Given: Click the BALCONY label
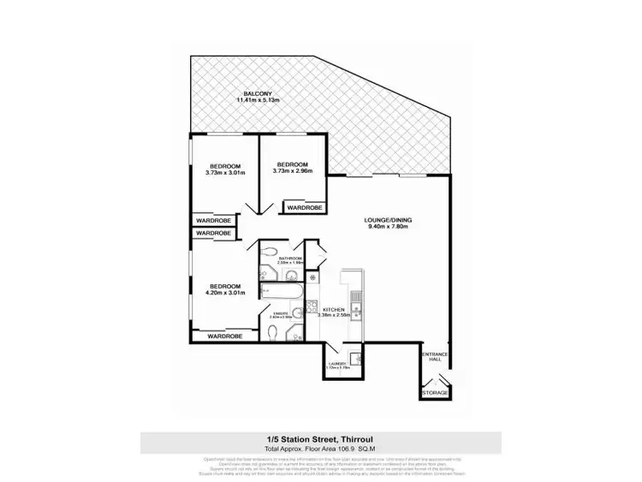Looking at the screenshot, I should tap(259, 95).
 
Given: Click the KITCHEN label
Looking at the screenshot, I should tap(335, 309).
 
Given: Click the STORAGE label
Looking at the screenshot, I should tap(435, 392).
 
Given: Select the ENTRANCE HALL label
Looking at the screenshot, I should tap(435, 357).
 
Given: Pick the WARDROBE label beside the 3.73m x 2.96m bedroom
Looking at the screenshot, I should tap(304, 207).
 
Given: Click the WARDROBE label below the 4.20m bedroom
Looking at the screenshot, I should tap(224, 336).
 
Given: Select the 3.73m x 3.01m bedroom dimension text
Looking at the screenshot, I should tap(225, 171).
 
